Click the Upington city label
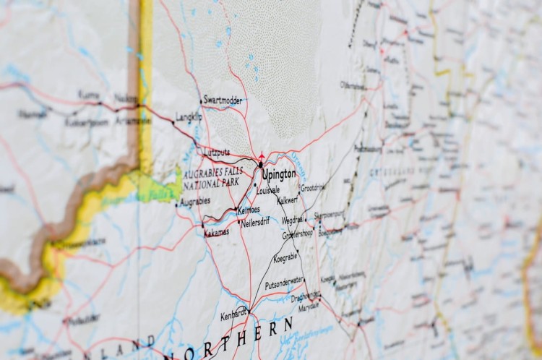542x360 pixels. click(280, 174)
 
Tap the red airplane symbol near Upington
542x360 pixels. click(261, 155)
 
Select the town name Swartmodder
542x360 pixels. click(223, 100)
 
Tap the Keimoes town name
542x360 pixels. click(248, 210)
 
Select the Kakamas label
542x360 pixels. click(216, 232)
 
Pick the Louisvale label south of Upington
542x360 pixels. click(267, 190)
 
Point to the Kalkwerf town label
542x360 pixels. click(288, 200)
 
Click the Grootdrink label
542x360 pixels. click(313, 187)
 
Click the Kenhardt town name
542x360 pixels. click(233, 316)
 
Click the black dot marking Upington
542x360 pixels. click(260, 166)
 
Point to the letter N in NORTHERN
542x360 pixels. click(173, 354)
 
